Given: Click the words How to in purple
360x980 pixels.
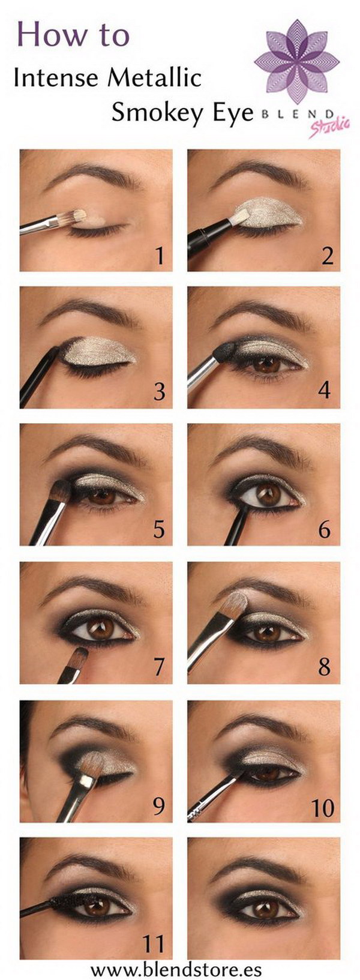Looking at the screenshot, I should pos(73,34).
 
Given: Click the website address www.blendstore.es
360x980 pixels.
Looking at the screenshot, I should pos(180,969).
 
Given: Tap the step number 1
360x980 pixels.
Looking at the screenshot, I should pos(159,256).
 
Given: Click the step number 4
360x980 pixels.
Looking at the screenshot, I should pos(324,391).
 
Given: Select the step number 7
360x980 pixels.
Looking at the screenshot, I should pos(159,667).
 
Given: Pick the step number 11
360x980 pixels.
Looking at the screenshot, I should pos(153,945).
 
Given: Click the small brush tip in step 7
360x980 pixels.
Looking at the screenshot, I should pos(79,656).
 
